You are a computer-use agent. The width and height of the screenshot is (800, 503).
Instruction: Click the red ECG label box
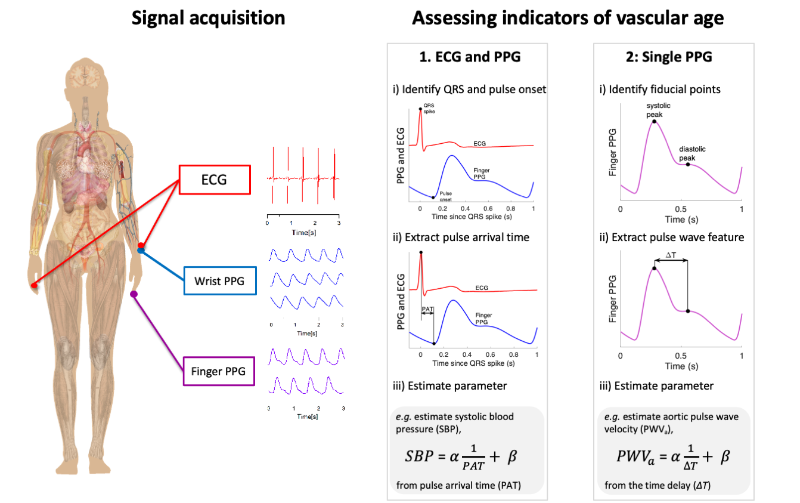(213, 178)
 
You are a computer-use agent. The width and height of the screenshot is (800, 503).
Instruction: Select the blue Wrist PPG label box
(220, 281)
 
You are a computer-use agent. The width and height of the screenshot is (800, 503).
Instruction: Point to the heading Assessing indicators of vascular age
(568, 18)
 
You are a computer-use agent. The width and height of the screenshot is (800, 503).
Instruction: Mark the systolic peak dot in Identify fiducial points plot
(654, 121)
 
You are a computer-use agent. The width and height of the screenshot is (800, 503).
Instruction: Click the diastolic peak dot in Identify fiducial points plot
(688, 164)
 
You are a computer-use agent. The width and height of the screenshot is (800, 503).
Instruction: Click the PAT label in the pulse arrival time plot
(427, 310)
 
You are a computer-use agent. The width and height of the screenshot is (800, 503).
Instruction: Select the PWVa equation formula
(673, 457)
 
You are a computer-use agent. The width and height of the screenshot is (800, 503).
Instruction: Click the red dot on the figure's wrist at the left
(34, 286)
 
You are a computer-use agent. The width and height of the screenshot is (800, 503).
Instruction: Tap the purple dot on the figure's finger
(134, 294)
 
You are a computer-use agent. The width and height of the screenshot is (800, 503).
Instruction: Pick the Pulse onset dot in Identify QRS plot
(433, 197)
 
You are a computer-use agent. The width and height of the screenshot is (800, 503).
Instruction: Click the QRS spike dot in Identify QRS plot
(420, 109)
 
